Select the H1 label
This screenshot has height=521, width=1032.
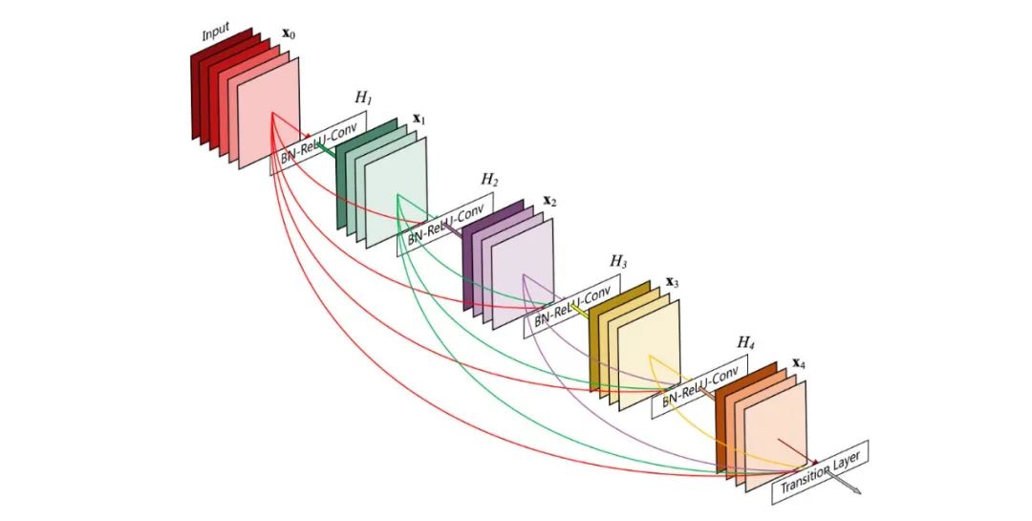[363, 98]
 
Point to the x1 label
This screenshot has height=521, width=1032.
[419, 119]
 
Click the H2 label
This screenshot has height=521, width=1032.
[489, 180]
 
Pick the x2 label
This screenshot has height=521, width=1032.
[549, 202]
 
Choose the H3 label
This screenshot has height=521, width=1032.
[618, 261]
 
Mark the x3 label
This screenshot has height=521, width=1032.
[673, 282]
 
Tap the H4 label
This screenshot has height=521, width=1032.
[745, 341]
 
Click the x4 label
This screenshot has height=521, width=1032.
[799, 364]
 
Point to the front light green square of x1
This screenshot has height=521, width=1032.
[396, 194]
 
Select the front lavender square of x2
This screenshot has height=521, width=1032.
[522, 275]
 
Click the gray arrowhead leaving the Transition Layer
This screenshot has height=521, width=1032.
[856, 491]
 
